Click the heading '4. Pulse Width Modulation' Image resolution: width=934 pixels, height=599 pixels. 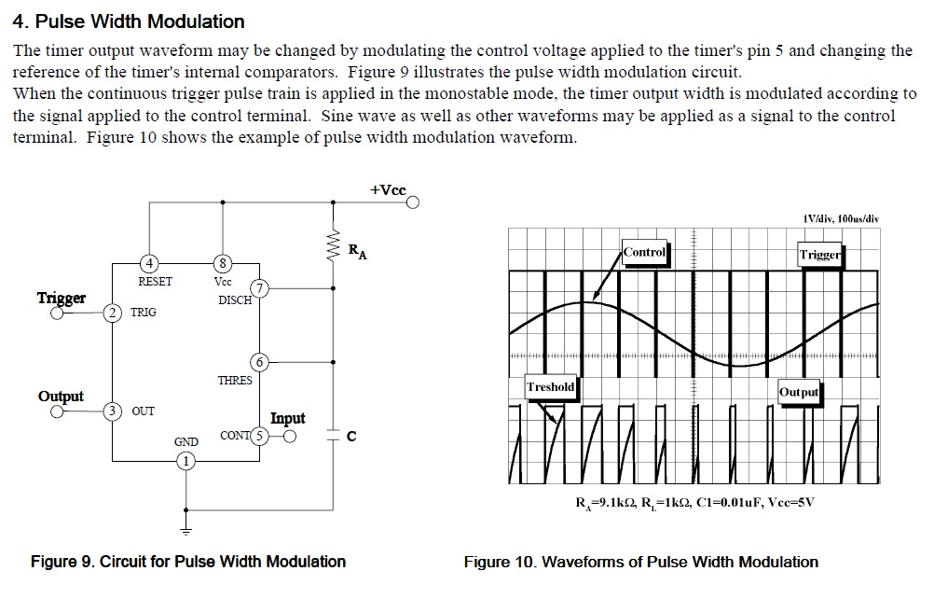pyautogui.click(x=129, y=21)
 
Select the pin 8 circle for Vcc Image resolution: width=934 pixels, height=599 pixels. pyautogui.click(x=222, y=262)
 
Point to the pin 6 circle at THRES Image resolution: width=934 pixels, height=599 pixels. pyautogui.click(x=260, y=362)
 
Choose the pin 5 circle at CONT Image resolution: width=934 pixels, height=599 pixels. pyautogui.click(x=260, y=435)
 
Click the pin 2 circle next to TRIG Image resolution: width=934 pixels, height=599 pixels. pyautogui.click(x=113, y=313)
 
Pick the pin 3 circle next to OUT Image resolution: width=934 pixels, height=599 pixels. pyautogui.click(x=113, y=411)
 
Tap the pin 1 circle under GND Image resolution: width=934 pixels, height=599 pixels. pyautogui.click(x=185, y=459)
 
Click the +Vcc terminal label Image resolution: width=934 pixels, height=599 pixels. pyautogui.click(x=388, y=189)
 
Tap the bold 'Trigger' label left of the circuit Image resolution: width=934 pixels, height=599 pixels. pyautogui.click(x=62, y=298)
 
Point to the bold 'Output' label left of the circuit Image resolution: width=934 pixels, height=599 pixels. pyautogui.click(x=61, y=397)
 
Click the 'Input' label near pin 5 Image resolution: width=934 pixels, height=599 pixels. pyautogui.click(x=287, y=418)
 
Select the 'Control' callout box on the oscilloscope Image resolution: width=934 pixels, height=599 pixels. pyautogui.click(x=644, y=252)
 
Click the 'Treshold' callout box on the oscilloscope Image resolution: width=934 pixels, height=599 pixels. pyautogui.click(x=551, y=386)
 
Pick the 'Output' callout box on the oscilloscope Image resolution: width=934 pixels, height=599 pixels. pyautogui.click(x=799, y=392)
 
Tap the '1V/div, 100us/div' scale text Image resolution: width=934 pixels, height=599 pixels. pyautogui.click(x=840, y=218)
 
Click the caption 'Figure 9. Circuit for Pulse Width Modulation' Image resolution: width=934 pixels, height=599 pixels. pyautogui.click(x=188, y=562)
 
